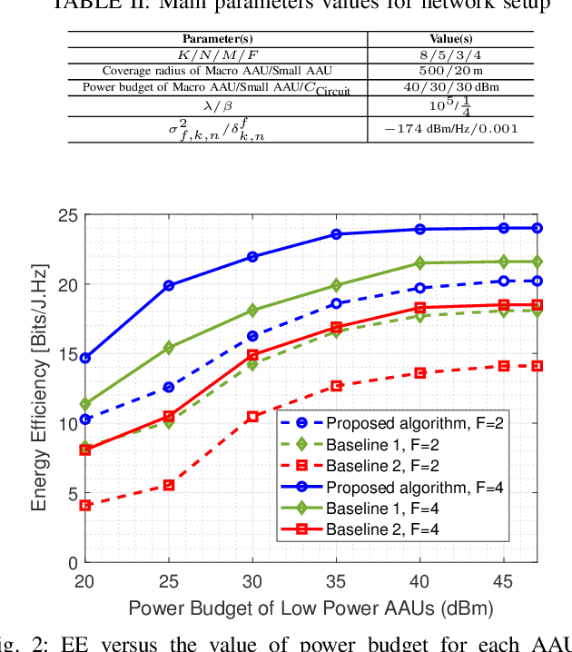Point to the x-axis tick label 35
(x=336, y=580)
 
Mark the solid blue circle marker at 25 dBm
(x=169, y=285)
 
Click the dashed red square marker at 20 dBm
(x=85, y=505)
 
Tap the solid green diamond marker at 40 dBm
(x=419, y=263)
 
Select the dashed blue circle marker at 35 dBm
(x=336, y=303)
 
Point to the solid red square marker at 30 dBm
(x=252, y=355)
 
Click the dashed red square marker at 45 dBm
(x=503, y=366)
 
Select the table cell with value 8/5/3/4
(x=450, y=54)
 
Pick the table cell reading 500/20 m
(x=450, y=70)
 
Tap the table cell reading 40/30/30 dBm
(x=450, y=87)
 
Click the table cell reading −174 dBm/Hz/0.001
(x=450, y=128)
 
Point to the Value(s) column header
(x=450, y=39)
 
